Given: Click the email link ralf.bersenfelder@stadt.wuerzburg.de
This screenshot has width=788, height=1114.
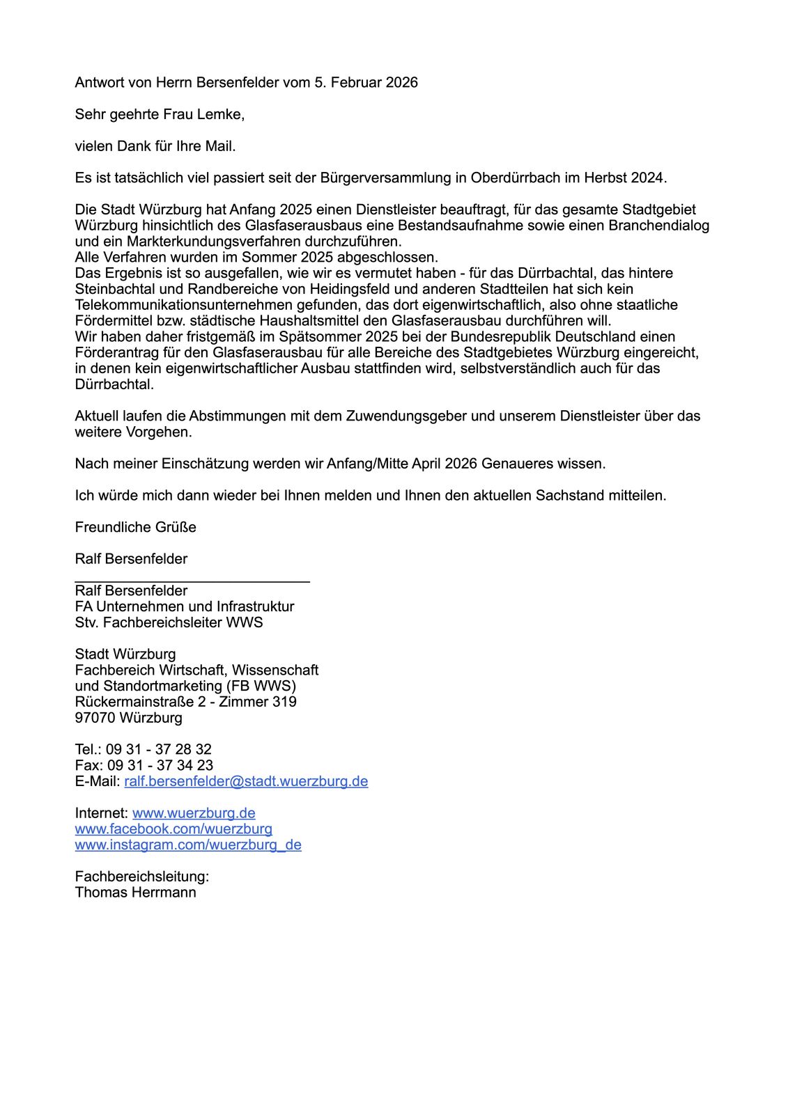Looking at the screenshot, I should click(x=246, y=781).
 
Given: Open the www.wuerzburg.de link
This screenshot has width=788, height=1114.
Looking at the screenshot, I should click(x=194, y=813).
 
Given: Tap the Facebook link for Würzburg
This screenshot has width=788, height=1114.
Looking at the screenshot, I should click(x=173, y=829).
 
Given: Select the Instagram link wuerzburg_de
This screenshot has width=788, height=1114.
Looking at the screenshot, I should click(x=188, y=845).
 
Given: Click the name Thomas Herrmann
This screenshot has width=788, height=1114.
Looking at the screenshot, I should click(x=136, y=893).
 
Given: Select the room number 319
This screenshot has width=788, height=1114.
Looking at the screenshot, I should click(x=284, y=702).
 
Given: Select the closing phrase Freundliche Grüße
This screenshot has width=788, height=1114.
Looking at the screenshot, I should click(x=136, y=527).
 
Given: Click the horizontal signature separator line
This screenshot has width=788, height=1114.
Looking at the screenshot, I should click(x=192, y=580).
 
